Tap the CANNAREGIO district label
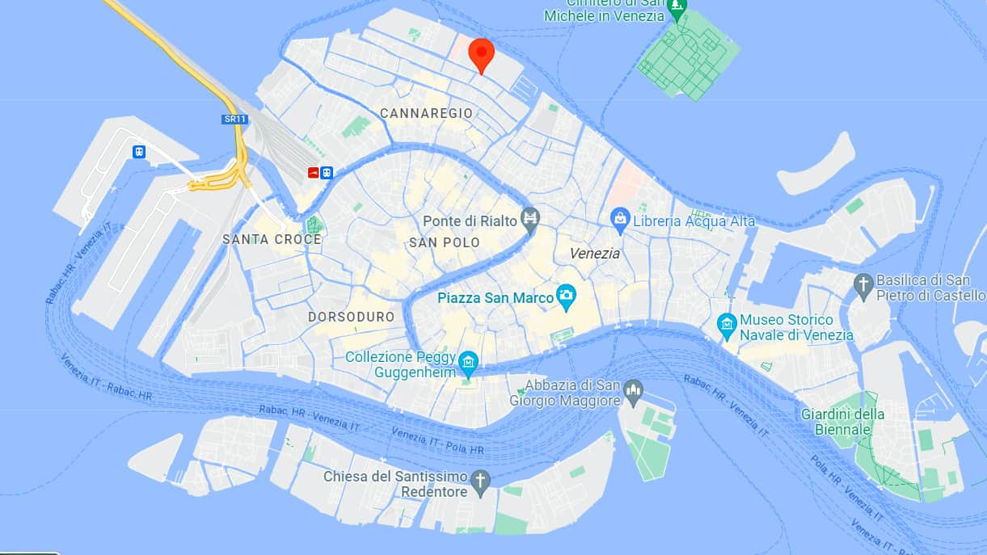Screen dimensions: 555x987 pos(426,113)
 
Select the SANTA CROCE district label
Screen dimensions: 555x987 pos(272,239)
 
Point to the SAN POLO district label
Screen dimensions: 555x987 pos(444,242)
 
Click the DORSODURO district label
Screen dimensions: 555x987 pos(351,317)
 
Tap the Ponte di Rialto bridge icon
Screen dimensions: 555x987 pos(530,218)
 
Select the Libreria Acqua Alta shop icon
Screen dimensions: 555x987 pos(620,218)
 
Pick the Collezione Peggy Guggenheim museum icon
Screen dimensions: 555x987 pos(468,364)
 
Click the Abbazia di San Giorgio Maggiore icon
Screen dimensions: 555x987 pos(633,391)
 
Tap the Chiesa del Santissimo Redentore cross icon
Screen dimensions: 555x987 pos(481,481)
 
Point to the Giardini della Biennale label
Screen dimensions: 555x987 pos(842,422)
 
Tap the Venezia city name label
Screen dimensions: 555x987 pos(595,254)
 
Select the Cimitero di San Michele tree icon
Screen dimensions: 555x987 pos(677,9)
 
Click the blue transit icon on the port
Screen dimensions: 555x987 pos(139,151)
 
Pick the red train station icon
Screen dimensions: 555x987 pos(314,172)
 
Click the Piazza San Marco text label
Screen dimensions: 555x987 pos(496,297)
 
